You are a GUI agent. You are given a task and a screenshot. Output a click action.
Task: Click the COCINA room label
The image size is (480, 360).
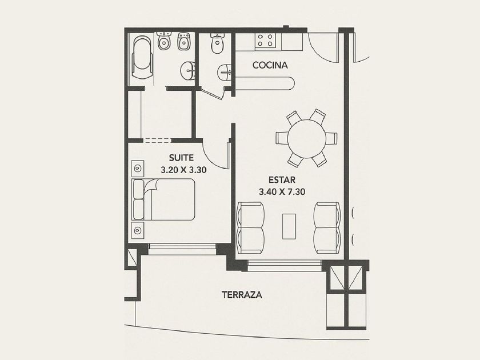pyautogui.click(x=270, y=65)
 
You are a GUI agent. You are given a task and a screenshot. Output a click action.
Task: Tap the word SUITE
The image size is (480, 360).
pyautogui.click(x=181, y=158)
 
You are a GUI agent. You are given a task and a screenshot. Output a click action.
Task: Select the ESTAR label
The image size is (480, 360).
pyautogui.click(x=282, y=179)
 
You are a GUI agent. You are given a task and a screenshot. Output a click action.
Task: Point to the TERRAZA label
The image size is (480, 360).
pyautogui.click(x=242, y=295)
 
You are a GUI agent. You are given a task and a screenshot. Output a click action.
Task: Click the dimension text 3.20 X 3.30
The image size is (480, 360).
pyautogui.click(x=183, y=170)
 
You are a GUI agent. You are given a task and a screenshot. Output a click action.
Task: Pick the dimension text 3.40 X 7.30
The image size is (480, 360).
pyautogui.click(x=282, y=192)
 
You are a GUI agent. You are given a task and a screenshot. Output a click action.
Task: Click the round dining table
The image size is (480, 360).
pyautogui.click(x=306, y=139)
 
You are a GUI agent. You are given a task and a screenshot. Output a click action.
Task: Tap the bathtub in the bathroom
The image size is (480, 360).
pyautogui.click(x=142, y=57)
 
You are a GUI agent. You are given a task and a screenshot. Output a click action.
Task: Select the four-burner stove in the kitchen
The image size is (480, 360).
pyautogui.click(x=265, y=40)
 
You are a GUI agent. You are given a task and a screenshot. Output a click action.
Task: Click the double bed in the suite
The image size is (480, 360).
pyautogui.click(x=163, y=199)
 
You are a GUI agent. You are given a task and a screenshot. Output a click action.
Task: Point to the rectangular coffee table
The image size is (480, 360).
pyautogui.click(x=289, y=226)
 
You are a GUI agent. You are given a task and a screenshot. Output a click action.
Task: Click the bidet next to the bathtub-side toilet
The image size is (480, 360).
pyautogui.click(x=184, y=41)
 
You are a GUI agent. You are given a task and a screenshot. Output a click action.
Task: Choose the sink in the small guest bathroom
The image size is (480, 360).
pyautogui.click(x=225, y=73)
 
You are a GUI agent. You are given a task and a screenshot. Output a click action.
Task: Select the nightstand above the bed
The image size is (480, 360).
pyautogui.click(x=138, y=168)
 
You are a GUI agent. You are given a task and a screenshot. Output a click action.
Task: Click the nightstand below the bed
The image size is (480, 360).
pyautogui.click(x=138, y=230)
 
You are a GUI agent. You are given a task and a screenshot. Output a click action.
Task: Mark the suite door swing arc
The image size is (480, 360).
pyautogui.click(x=211, y=160)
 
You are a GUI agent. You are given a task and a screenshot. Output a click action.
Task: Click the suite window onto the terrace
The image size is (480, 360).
pyautogui.click(x=182, y=249)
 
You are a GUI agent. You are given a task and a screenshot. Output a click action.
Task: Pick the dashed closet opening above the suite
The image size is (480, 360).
pyautogui.click(x=157, y=141)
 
